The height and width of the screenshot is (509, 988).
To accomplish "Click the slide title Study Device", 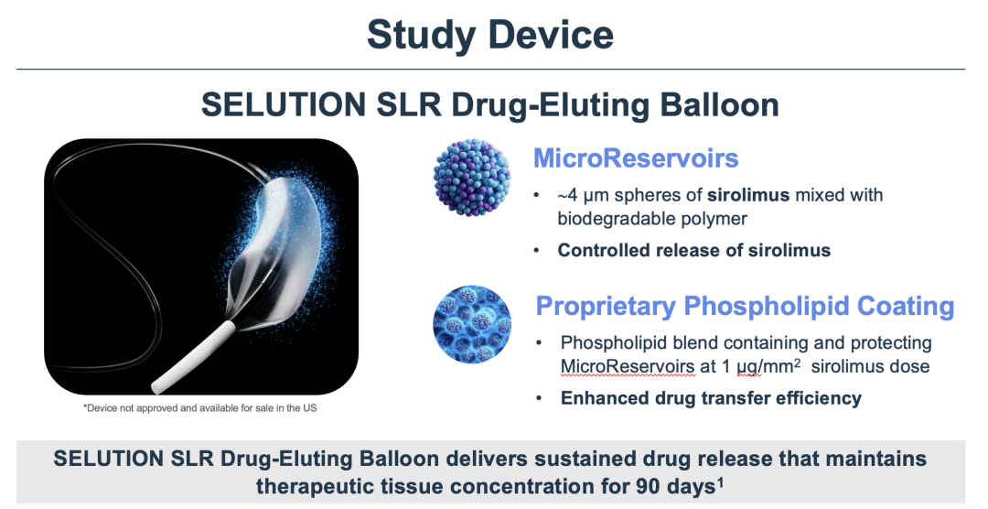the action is coord(489,35).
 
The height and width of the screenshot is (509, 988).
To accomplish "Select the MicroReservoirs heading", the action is coord(636,157).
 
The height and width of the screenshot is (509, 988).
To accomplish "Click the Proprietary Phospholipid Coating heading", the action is coord(745,307).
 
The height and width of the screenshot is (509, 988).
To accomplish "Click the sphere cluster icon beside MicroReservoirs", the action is coord(472,178).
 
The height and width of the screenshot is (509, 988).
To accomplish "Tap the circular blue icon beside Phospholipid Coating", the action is coord(472,324).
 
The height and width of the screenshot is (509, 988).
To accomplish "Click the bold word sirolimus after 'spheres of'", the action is coord(748,195).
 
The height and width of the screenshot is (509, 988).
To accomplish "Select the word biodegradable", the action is coord(621,218).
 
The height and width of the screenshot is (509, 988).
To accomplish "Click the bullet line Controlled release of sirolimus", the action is coord(693,251).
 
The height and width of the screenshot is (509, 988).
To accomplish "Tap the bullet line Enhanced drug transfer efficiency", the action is coord(711,398).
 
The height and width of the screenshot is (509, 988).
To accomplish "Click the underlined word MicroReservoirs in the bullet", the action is coord(628,366).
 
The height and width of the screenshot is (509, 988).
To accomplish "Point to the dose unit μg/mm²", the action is coord(767,366).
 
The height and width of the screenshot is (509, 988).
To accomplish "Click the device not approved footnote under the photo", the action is coord(199,408).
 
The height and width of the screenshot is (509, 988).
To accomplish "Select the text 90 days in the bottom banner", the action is coord(671,487).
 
